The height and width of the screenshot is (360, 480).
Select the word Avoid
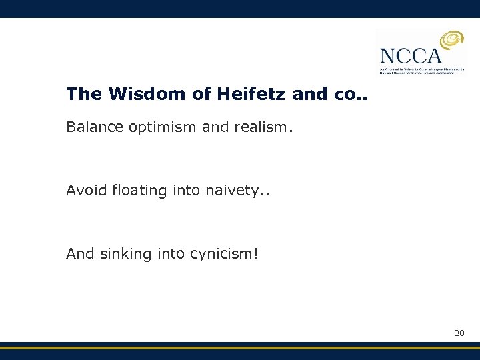click(83, 191)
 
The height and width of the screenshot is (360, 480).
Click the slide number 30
click(459, 333)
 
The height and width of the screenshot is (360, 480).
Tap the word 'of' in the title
click(202, 95)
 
